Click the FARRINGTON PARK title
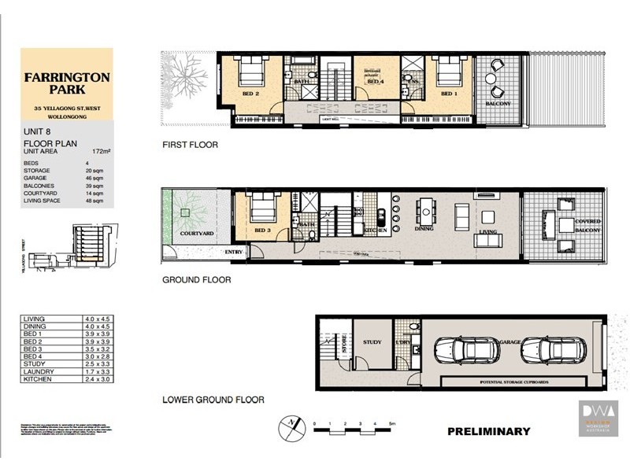pos(66,87)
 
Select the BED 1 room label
pos(448,94)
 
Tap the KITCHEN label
pos(375,230)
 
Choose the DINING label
pos(425,229)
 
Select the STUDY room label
pos(372,342)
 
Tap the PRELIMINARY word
pos(488,431)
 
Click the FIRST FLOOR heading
pos(190,145)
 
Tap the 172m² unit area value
pos(99,150)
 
